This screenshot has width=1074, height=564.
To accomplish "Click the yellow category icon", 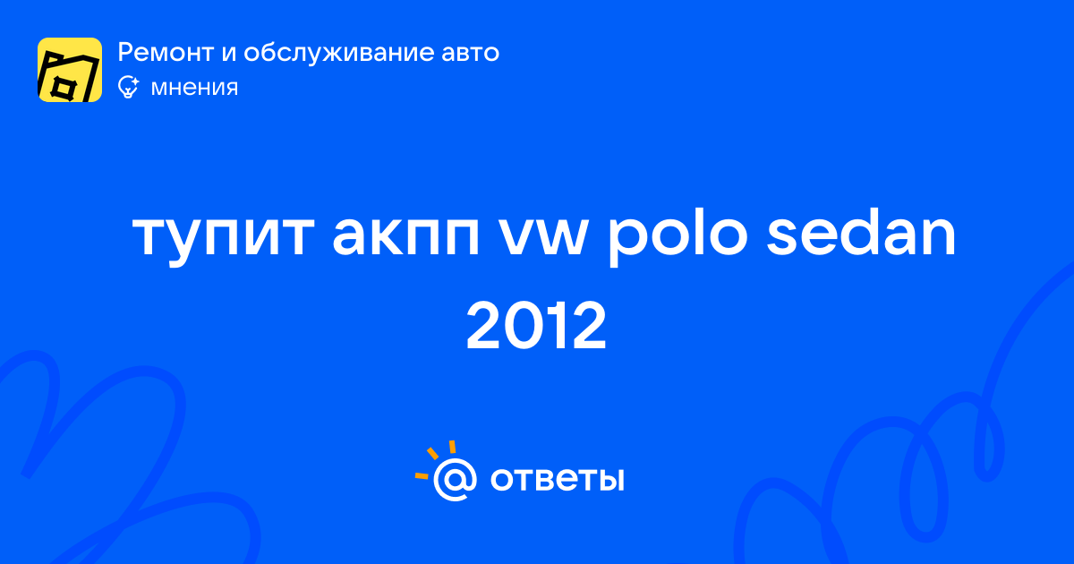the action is click(x=70, y=70).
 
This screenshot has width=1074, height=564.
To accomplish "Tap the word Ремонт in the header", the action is click(x=166, y=52).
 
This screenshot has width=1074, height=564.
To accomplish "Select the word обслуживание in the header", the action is click(x=337, y=52).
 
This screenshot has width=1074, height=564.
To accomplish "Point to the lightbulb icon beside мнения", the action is click(x=128, y=88).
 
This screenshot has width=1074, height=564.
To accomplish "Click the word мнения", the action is click(x=194, y=88).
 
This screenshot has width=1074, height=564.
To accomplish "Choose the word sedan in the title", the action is click(x=861, y=234).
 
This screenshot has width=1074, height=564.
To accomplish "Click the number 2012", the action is click(x=536, y=326).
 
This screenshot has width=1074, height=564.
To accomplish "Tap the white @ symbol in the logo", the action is click(x=455, y=479).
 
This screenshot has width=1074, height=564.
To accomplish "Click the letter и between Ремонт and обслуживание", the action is click(x=229, y=54).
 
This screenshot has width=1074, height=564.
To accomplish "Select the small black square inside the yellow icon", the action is click(x=62, y=89).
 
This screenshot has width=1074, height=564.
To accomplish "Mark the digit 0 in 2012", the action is click(x=523, y=326).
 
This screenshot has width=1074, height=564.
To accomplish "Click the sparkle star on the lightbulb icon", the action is click(x=135, y=82).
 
